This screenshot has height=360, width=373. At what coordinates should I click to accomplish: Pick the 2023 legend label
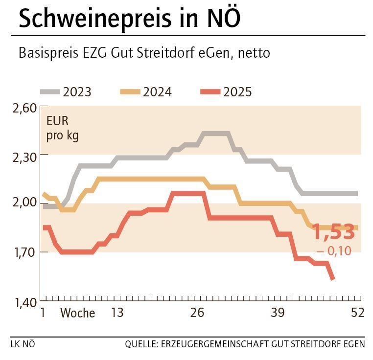77,92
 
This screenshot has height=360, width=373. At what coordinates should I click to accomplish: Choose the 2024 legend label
157,92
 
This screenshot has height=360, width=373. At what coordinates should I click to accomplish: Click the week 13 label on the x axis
117,313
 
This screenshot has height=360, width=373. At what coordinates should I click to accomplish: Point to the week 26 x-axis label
197,313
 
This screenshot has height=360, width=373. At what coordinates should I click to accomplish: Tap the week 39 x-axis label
278,313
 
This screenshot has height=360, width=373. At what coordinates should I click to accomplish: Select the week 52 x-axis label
357,313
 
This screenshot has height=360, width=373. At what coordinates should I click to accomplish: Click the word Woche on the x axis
77,313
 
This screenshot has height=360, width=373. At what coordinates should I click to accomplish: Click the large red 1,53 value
333,232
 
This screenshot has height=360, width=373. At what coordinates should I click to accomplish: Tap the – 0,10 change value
334,251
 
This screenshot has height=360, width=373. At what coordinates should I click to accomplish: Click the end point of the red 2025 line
332,279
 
